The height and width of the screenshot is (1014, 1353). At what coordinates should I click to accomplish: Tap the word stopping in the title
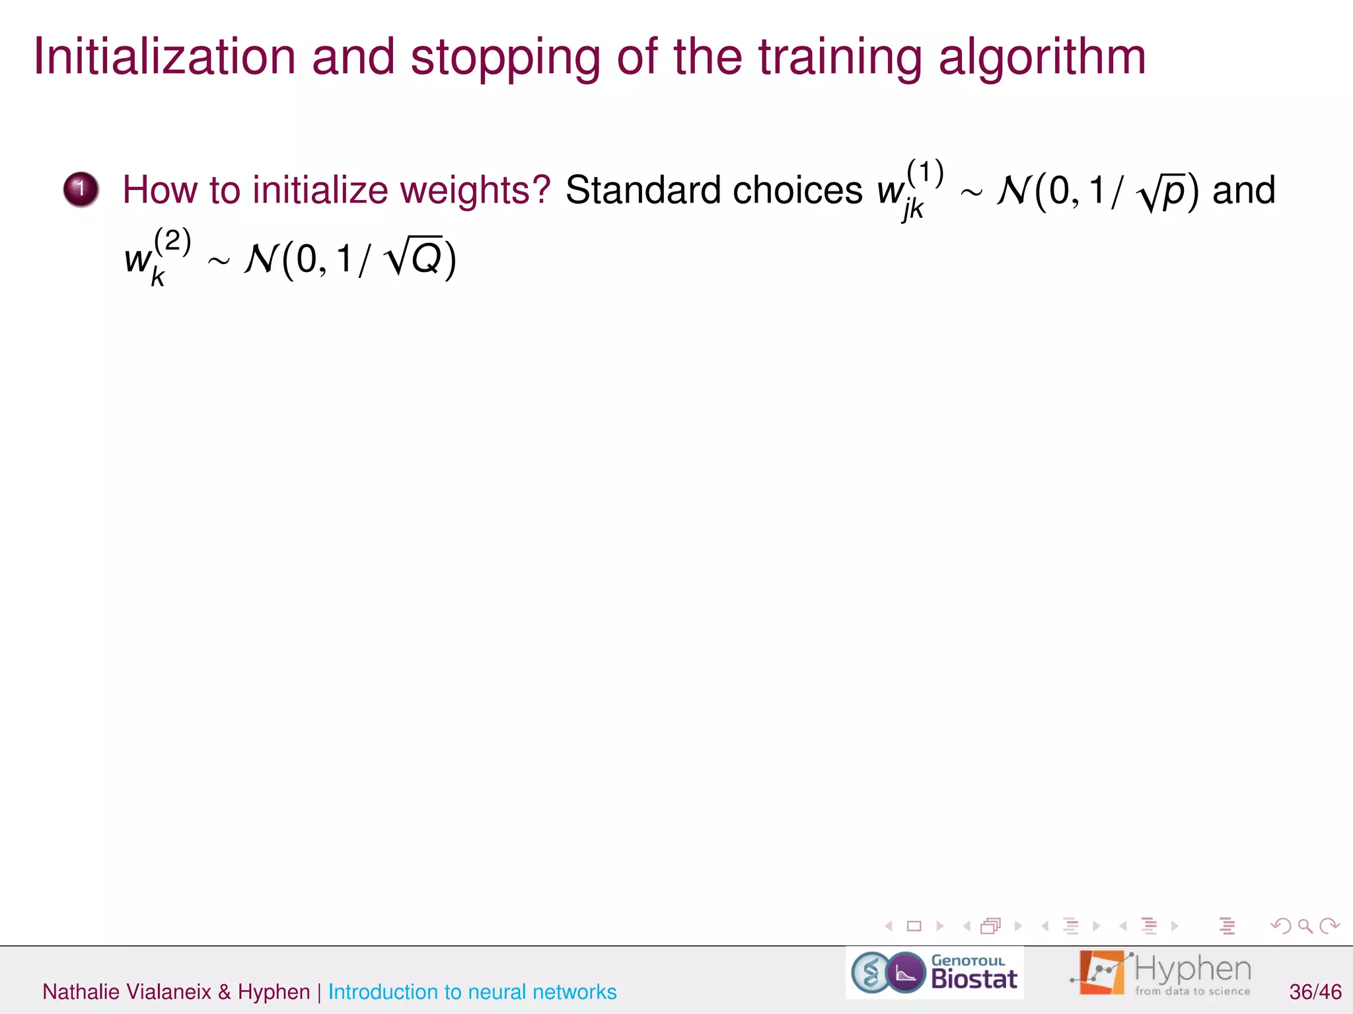coord(505,57)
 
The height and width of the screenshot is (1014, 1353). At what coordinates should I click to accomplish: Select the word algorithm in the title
coord(1042,57)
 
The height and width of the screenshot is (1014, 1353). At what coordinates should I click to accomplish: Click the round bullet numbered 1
coord(81,189)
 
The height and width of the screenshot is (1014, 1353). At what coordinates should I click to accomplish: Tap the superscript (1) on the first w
coord(925,172)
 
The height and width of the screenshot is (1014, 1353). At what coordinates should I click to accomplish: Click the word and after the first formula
coord(1243,191)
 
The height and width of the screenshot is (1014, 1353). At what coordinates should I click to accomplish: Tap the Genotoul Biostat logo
coord(934,973)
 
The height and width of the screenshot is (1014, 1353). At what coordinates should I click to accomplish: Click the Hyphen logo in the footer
coord(1161,972)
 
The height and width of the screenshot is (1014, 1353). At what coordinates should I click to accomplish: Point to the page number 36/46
coord(1315,992)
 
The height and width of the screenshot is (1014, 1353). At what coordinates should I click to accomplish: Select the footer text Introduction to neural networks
coord(472,992)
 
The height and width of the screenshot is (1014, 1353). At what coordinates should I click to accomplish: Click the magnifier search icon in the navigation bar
coord(1305,926)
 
